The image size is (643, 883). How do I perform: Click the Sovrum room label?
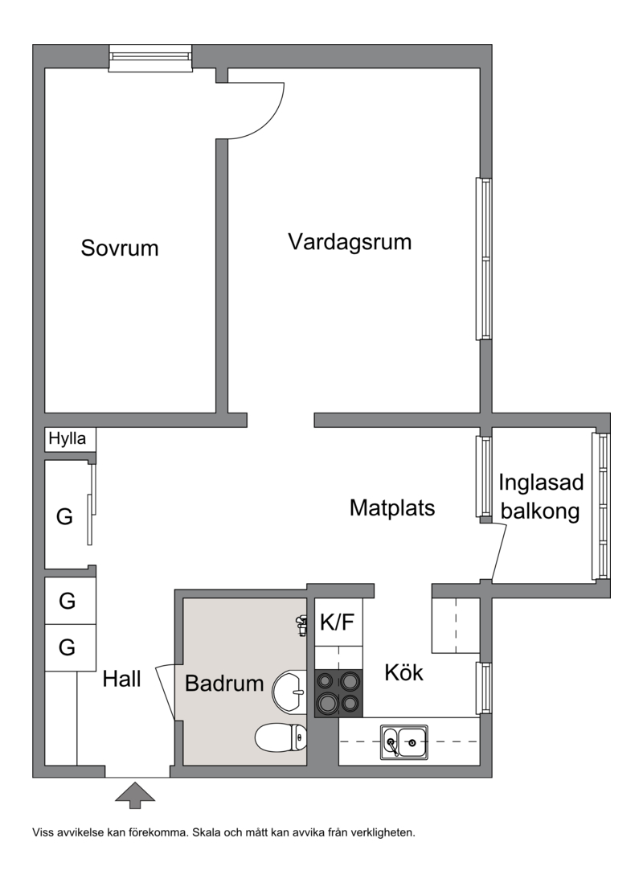(x=120, y=248)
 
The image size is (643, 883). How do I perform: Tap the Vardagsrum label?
(x=350, y=242)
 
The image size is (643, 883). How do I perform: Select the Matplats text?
(x=392, y=508)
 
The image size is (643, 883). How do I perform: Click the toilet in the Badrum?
(x=281, y=737)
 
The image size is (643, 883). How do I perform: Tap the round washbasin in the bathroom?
(x=289, y=692)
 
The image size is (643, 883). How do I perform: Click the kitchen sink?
(x=403, y=741)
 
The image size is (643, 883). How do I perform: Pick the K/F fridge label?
(x=338, y=622)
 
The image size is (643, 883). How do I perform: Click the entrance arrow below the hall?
(x=135, y=795)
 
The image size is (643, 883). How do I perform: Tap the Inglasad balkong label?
(x=541, y=497)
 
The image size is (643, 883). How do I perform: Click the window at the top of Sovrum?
(x=150, y=59)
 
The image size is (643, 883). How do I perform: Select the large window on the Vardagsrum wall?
(x=484, y=259)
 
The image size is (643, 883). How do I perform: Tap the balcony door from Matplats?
(x=499, y=552)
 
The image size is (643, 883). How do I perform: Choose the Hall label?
(x=121, y=680)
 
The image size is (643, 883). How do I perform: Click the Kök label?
(x=403, y=672)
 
